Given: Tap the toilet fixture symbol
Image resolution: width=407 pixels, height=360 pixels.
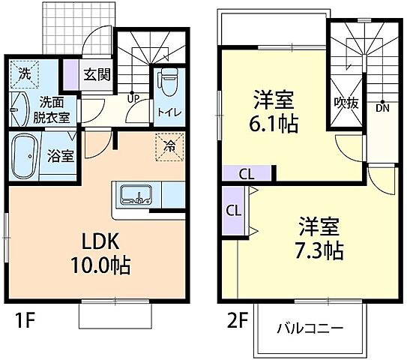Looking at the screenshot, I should [168, 82].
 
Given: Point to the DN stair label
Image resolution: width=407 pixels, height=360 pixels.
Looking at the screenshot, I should [382, 108].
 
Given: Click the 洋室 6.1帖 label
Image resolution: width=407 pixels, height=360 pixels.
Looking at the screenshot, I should [273, 111].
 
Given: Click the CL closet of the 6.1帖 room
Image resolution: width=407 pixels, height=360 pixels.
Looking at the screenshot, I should [246, 173].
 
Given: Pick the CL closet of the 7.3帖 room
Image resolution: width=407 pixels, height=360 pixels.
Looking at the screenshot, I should [233, 210].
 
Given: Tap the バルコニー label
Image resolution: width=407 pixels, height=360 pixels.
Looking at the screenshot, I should [310, 328].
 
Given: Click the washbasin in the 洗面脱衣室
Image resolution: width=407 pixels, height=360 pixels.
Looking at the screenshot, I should [18, 111].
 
